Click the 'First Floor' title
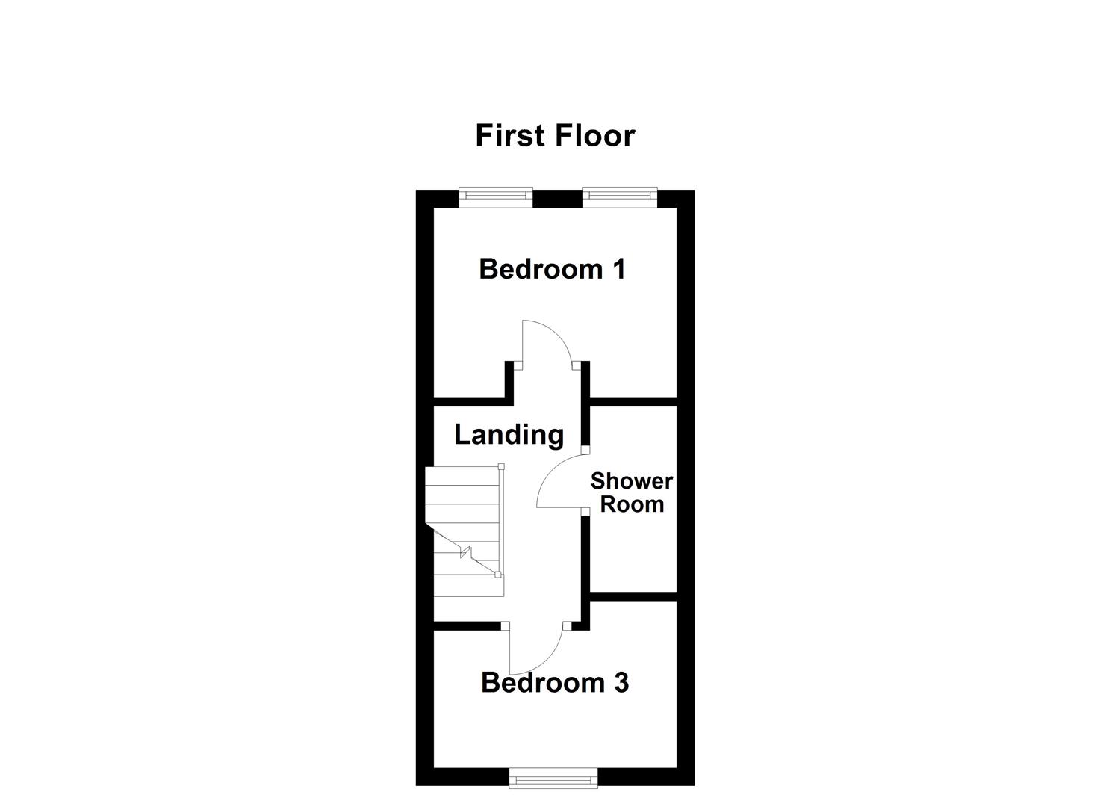tap(555, 136)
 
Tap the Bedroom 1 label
tap(552, 269)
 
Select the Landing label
tap(509, 434)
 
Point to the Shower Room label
tap(632, 492)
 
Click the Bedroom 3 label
tap(555, 683)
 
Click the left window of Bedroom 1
tap(496, 197)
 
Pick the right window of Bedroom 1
tap(620, 197)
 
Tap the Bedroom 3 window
tap(554, 779)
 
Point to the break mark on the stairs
tap(466, 553)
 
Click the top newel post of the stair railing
tap(502, 467)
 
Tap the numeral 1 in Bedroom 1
tap(618, 269)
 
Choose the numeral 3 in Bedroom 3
tap(621, 683)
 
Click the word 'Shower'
tap(632, 481)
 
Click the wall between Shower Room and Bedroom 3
tap(633, 596)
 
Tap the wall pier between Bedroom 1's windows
tap(558, 198)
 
